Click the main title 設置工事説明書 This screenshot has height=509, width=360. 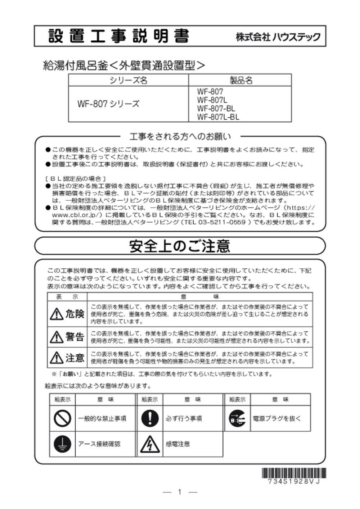pos(118,36)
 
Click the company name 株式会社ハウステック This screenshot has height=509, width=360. pos(278,37)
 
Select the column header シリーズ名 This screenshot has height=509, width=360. pos(129,80)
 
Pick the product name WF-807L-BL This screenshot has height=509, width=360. pos(218,117)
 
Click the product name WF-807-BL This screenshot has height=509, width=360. pos(216,108)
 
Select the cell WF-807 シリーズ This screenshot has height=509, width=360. pos(108,104)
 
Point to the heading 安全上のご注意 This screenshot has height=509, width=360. pos(180,246)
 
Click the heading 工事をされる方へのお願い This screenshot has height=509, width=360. pos(180,137)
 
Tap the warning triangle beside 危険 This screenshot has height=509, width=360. pos(57,314)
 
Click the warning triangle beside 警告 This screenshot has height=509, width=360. pos(57,337)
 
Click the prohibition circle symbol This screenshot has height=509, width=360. pos(62,418)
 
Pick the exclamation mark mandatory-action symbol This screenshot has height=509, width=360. pos(150,418)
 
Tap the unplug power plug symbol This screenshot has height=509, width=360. pos(237,419)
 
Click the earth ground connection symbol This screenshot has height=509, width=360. pos(62,444)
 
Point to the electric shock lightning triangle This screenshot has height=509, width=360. pos(150,444)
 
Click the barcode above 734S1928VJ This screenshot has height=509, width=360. pos(294,473)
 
